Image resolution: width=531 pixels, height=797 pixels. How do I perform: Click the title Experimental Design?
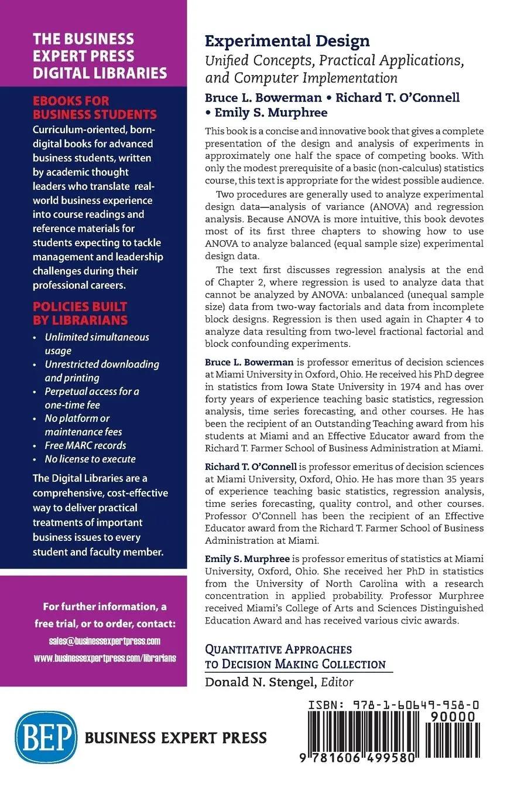pos(287,41)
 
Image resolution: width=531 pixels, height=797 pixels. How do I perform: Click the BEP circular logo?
pos(47,736)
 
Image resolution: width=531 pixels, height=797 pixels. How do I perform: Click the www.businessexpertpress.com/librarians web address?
pos(105,658)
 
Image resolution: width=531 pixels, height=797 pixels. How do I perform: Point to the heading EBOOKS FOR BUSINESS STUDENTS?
pos(95,107)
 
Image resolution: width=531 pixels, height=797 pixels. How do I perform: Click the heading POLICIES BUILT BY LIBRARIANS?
pos(80,313)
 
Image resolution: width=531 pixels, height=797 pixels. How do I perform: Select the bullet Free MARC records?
pos(85,445)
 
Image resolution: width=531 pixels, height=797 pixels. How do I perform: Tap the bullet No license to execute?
pos(90,459)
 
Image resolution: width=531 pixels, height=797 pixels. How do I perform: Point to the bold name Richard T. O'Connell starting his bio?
pos(251,467)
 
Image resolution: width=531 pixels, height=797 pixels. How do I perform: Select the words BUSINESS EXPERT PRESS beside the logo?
pos(176,737)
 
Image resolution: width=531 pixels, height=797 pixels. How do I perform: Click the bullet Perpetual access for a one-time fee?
pos(92,398)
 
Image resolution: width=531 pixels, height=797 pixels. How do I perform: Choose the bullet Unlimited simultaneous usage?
pos(97,344)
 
